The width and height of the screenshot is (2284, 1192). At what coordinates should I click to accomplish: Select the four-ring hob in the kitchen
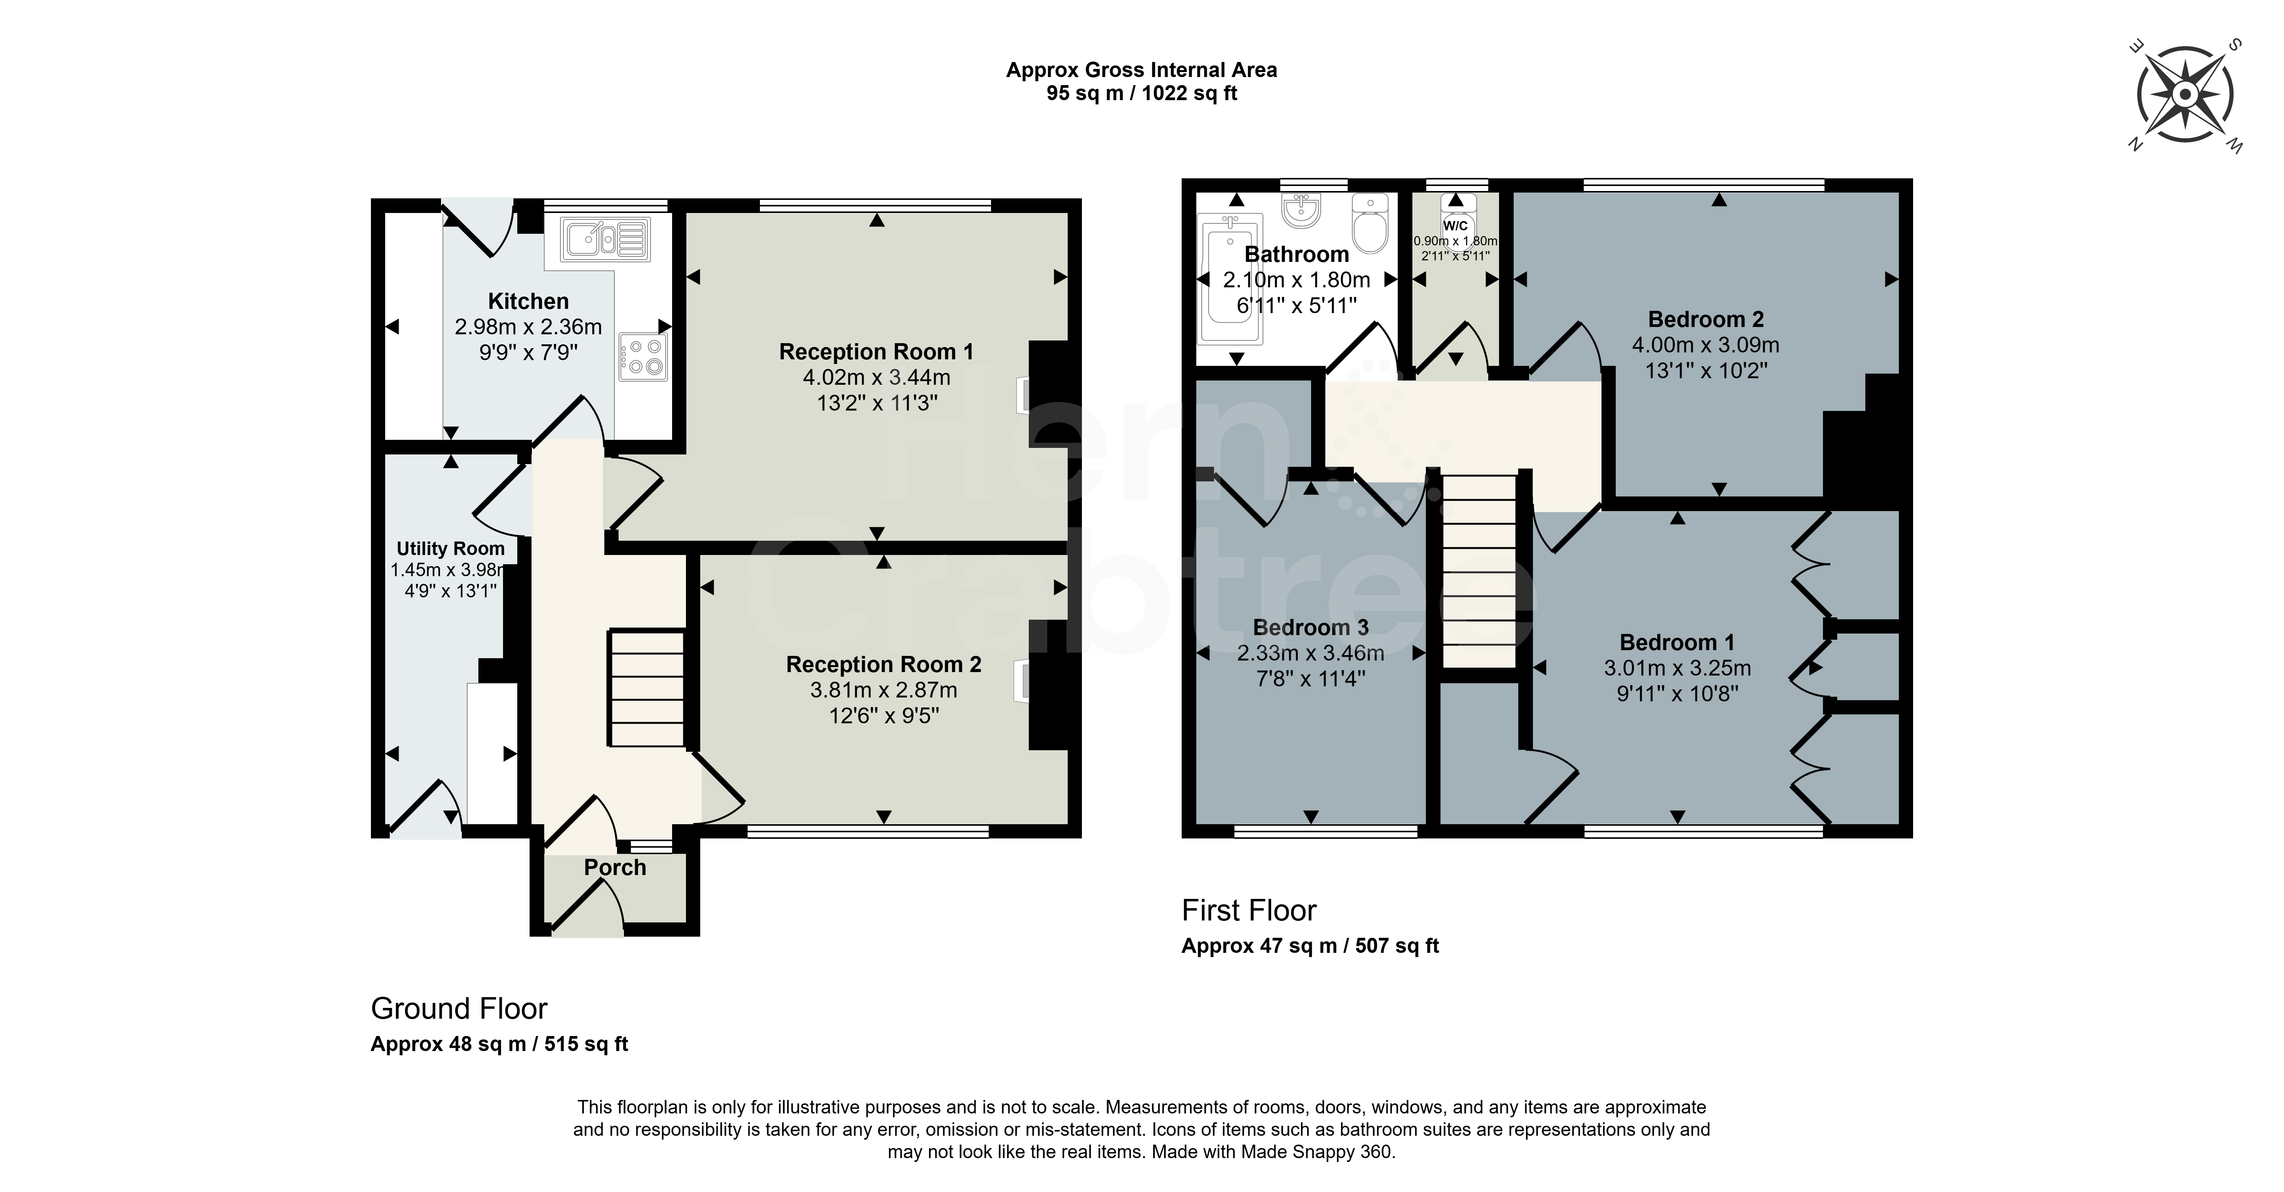(643, 357)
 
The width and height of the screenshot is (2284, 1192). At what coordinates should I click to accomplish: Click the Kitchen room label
(528, 302)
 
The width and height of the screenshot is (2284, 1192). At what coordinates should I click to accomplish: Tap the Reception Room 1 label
(876, 352)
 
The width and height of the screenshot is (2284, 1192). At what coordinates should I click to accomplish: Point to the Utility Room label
(450, 549)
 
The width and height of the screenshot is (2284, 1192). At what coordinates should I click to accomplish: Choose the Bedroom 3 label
(1310, 628)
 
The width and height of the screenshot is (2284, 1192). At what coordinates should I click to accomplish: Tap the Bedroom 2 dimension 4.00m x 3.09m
(1706, 345)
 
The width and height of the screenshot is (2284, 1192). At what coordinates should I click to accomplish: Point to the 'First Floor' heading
(1249, 911)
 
